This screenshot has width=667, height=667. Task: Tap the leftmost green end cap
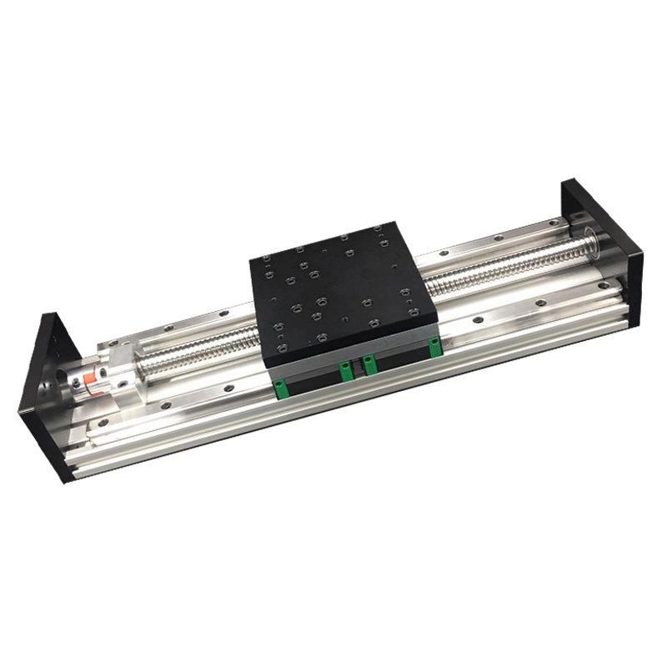[x=282, y=384]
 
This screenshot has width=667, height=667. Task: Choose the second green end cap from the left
[x=343, y=369]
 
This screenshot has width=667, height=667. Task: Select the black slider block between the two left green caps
[x=313, y=379]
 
